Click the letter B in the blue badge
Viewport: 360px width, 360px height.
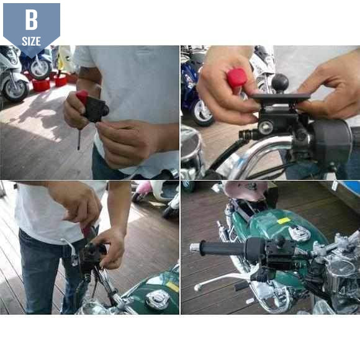point(32,20)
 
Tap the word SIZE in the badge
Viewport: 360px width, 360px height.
point(31,42)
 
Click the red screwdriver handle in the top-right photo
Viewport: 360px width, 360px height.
point(236,78)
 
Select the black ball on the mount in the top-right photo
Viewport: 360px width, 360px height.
point(280,83)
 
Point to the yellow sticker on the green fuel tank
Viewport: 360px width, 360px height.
point(284,221)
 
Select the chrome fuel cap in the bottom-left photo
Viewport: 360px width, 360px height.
point(157,299)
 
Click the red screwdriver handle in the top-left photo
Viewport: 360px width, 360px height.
point(82,96)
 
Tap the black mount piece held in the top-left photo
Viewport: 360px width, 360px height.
point(96,109)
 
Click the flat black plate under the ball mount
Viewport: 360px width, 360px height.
point(281,97)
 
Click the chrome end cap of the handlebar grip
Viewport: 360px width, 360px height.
point(195,248)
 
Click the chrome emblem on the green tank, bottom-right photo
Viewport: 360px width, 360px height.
point(299,232)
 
